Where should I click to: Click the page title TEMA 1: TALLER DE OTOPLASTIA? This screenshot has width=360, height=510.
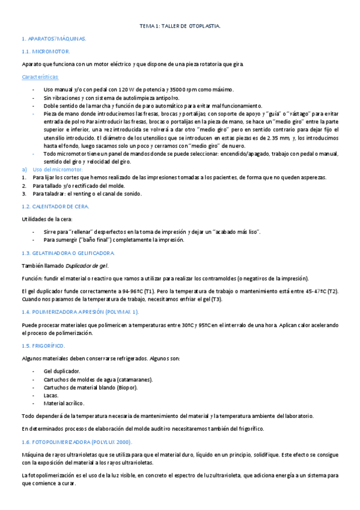pyautogui.click(x=180, y=26)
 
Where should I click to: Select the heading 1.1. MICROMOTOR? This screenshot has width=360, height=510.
pyautogui.click(x=46, y=52)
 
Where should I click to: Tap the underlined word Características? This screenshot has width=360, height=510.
pyautogui.click(x=40, y=77)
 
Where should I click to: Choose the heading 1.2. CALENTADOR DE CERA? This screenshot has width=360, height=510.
pyautogui.click(x=55, y=206)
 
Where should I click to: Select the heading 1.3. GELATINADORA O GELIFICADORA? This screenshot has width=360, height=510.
pyautogui.click(x=67, y=253)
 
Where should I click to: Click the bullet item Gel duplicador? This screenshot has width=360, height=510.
pyautogui.click(x=62, y=371)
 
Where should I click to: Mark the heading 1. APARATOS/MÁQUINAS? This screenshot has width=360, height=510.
pyautogui.click(x=54, y=38)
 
